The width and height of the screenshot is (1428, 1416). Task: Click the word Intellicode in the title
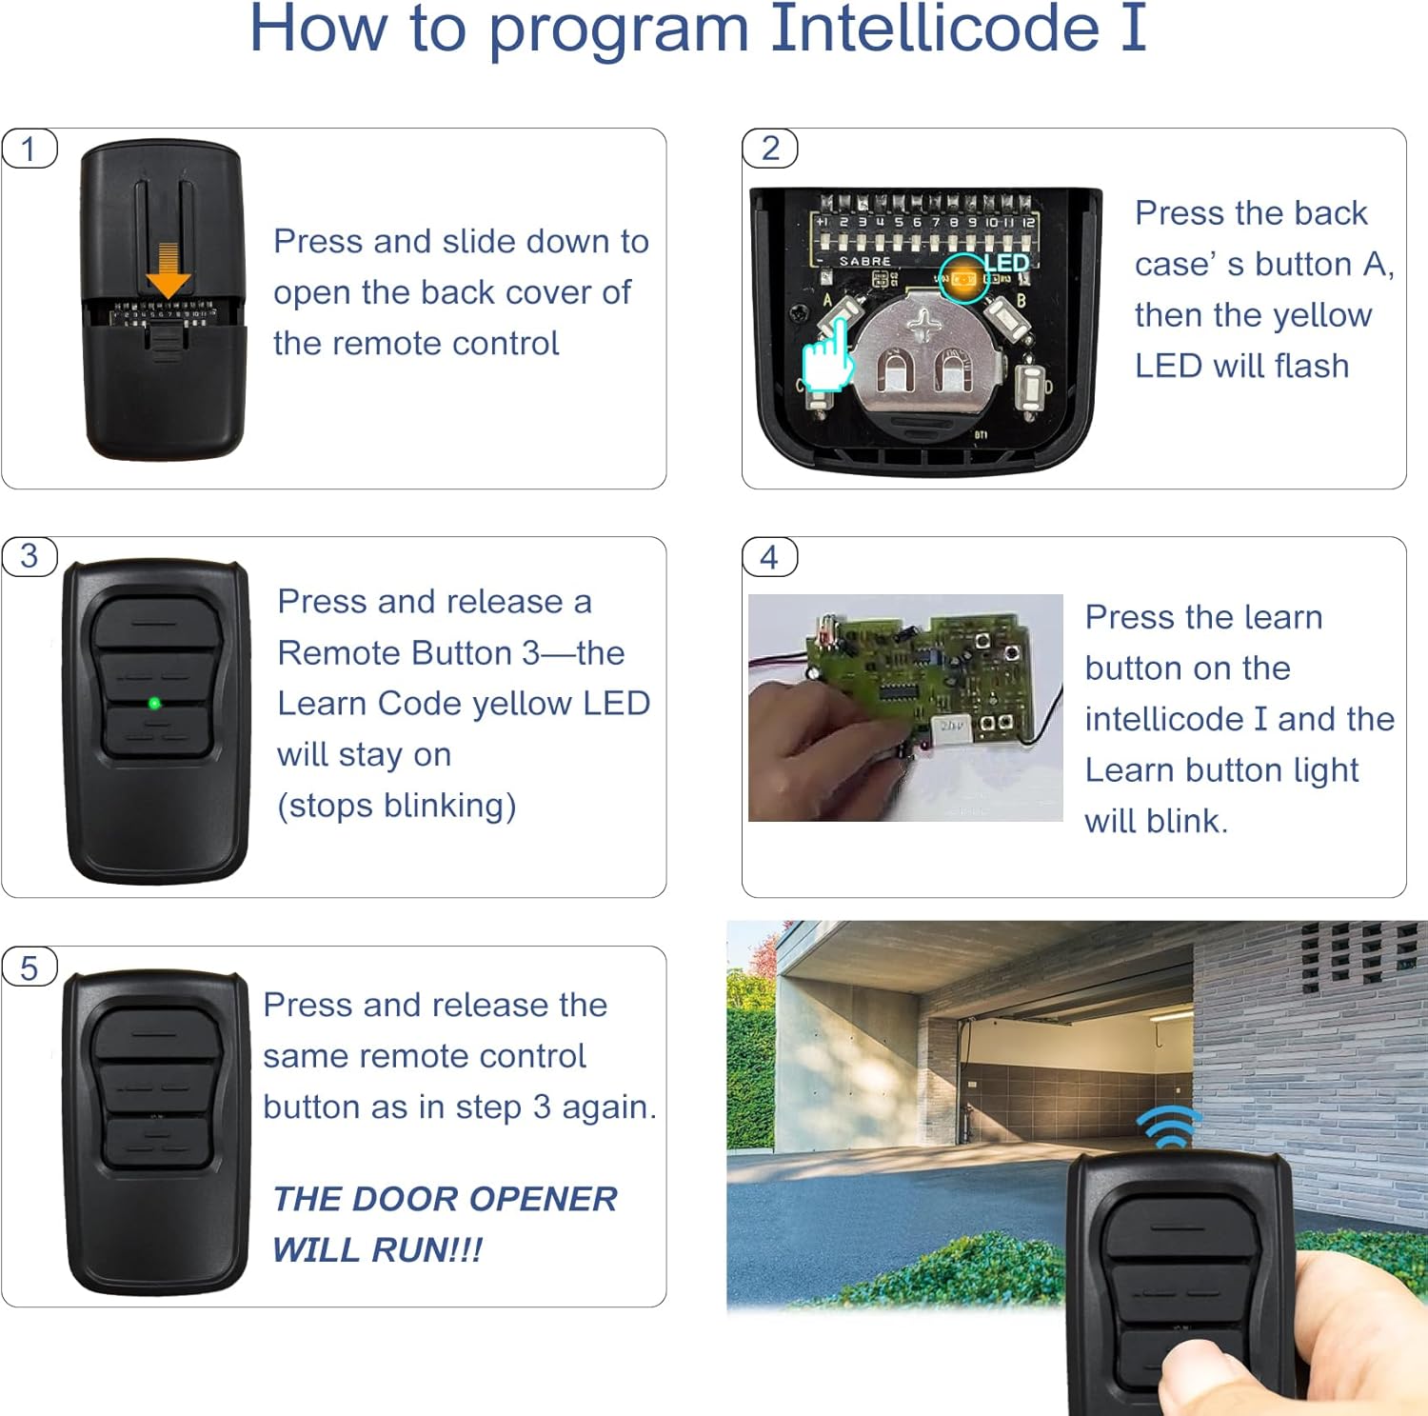click(x=933, y=29)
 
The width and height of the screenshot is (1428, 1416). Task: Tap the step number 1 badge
click(x=30, y=150)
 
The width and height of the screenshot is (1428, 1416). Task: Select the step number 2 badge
click(x=770, y=149)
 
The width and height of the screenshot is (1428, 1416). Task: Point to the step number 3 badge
click(x=30, y=556)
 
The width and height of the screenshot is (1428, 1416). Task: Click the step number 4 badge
click(x=769, y=557)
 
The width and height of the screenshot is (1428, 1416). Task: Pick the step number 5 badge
click(x=30, y=968)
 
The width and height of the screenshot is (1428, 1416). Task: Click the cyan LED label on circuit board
click(x=1005, y=263)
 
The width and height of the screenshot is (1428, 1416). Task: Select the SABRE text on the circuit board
click(x=864, y=261)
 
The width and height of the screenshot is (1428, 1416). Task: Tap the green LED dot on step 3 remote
click(x=154, y=704)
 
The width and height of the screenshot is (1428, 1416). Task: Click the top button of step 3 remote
click(x=155, y=623)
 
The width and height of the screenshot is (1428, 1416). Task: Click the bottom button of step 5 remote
click(x=155, y=1143)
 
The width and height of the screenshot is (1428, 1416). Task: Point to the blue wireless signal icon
click(x=1170, y=1127)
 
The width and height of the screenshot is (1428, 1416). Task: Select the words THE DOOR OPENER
click(x=445, y=1199)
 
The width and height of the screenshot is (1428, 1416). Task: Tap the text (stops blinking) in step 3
click(x=396, y=806)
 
